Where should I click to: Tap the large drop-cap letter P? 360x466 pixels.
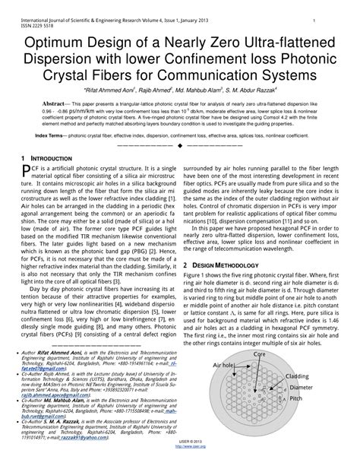coord(26,172)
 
